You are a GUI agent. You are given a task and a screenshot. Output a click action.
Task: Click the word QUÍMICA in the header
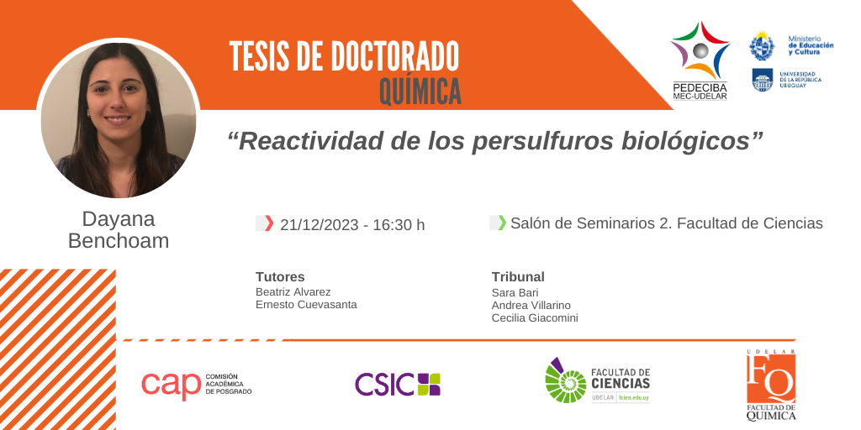pos(420,92)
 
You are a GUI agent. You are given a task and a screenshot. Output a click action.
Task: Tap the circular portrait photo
pos(118,119)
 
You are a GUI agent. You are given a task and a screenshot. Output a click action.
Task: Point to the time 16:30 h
pos(398,225)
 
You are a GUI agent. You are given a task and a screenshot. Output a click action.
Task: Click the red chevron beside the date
pos(269,223)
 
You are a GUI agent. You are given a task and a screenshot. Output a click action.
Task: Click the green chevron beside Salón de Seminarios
pos(502,223)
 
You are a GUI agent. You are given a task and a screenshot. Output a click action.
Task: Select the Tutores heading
pos(280,277)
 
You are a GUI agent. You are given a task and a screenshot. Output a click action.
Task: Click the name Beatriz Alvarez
pos(293,291)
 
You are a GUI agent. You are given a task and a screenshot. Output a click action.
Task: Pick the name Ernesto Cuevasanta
pos(306,304)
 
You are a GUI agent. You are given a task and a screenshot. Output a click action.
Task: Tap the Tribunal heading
pos(518,277)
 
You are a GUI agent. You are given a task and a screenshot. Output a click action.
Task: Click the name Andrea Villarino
pos(531,305)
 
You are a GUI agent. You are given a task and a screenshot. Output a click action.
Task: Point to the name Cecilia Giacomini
pos(535,318)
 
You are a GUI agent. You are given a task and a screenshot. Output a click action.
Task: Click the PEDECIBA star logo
pos(700,50)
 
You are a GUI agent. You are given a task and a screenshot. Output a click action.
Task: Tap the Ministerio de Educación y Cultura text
pos(811,45)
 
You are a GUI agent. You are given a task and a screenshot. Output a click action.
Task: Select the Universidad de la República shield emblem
pos(762,80)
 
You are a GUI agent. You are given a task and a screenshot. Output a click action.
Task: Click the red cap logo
pos(171,384)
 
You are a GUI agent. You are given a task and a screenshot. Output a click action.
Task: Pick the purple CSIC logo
pos(398,384)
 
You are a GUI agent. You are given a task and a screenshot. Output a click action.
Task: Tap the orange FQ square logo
pos(771,379)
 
